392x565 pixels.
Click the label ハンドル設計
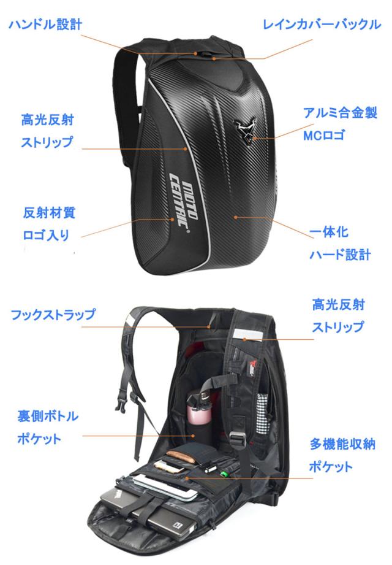tap(46, 25)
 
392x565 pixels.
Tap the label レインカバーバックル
tap(322, 25)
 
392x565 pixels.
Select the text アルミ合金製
tap(340, 113)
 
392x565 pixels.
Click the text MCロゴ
tap(324, 135)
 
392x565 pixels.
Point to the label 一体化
tap(329, 232)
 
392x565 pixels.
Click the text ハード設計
tap(340, 255)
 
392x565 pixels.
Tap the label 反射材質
tap(49, 213)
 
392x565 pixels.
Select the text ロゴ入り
tap(46, 235)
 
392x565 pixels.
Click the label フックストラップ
tap(53, 314)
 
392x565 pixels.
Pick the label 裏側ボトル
tap(48, 416)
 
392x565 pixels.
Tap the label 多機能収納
tap(343, 444)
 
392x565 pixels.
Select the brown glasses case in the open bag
tap(183, 456)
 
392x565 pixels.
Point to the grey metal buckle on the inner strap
tap(236, 439)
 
